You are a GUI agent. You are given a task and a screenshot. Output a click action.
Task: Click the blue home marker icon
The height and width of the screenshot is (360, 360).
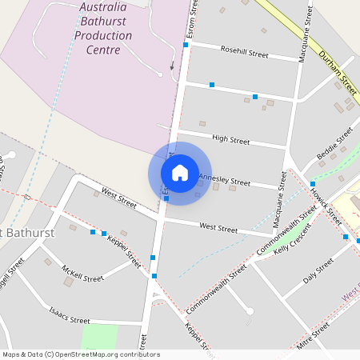click(180, 173)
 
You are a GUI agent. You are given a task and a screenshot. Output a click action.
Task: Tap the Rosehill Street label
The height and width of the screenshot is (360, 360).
click(244, 53)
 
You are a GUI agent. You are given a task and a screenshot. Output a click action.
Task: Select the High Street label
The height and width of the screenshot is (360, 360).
click(230, 139)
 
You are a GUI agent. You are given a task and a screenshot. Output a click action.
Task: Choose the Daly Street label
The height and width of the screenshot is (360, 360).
click(318, 273)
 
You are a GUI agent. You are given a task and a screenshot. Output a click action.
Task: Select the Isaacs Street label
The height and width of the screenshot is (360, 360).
click(69, 315)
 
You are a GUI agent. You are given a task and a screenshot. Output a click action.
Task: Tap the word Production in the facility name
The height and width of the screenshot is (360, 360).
click(102, 36)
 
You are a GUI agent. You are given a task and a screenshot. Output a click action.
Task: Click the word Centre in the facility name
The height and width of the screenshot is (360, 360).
click(102, 50)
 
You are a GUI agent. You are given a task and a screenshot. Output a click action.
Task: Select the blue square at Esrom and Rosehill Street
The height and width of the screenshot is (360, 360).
click(186, 45)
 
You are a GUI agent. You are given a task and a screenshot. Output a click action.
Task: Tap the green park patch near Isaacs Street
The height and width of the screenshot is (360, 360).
click(99, 336)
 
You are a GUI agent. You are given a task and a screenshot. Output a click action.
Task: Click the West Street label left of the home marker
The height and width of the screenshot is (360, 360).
click(119, 198)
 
